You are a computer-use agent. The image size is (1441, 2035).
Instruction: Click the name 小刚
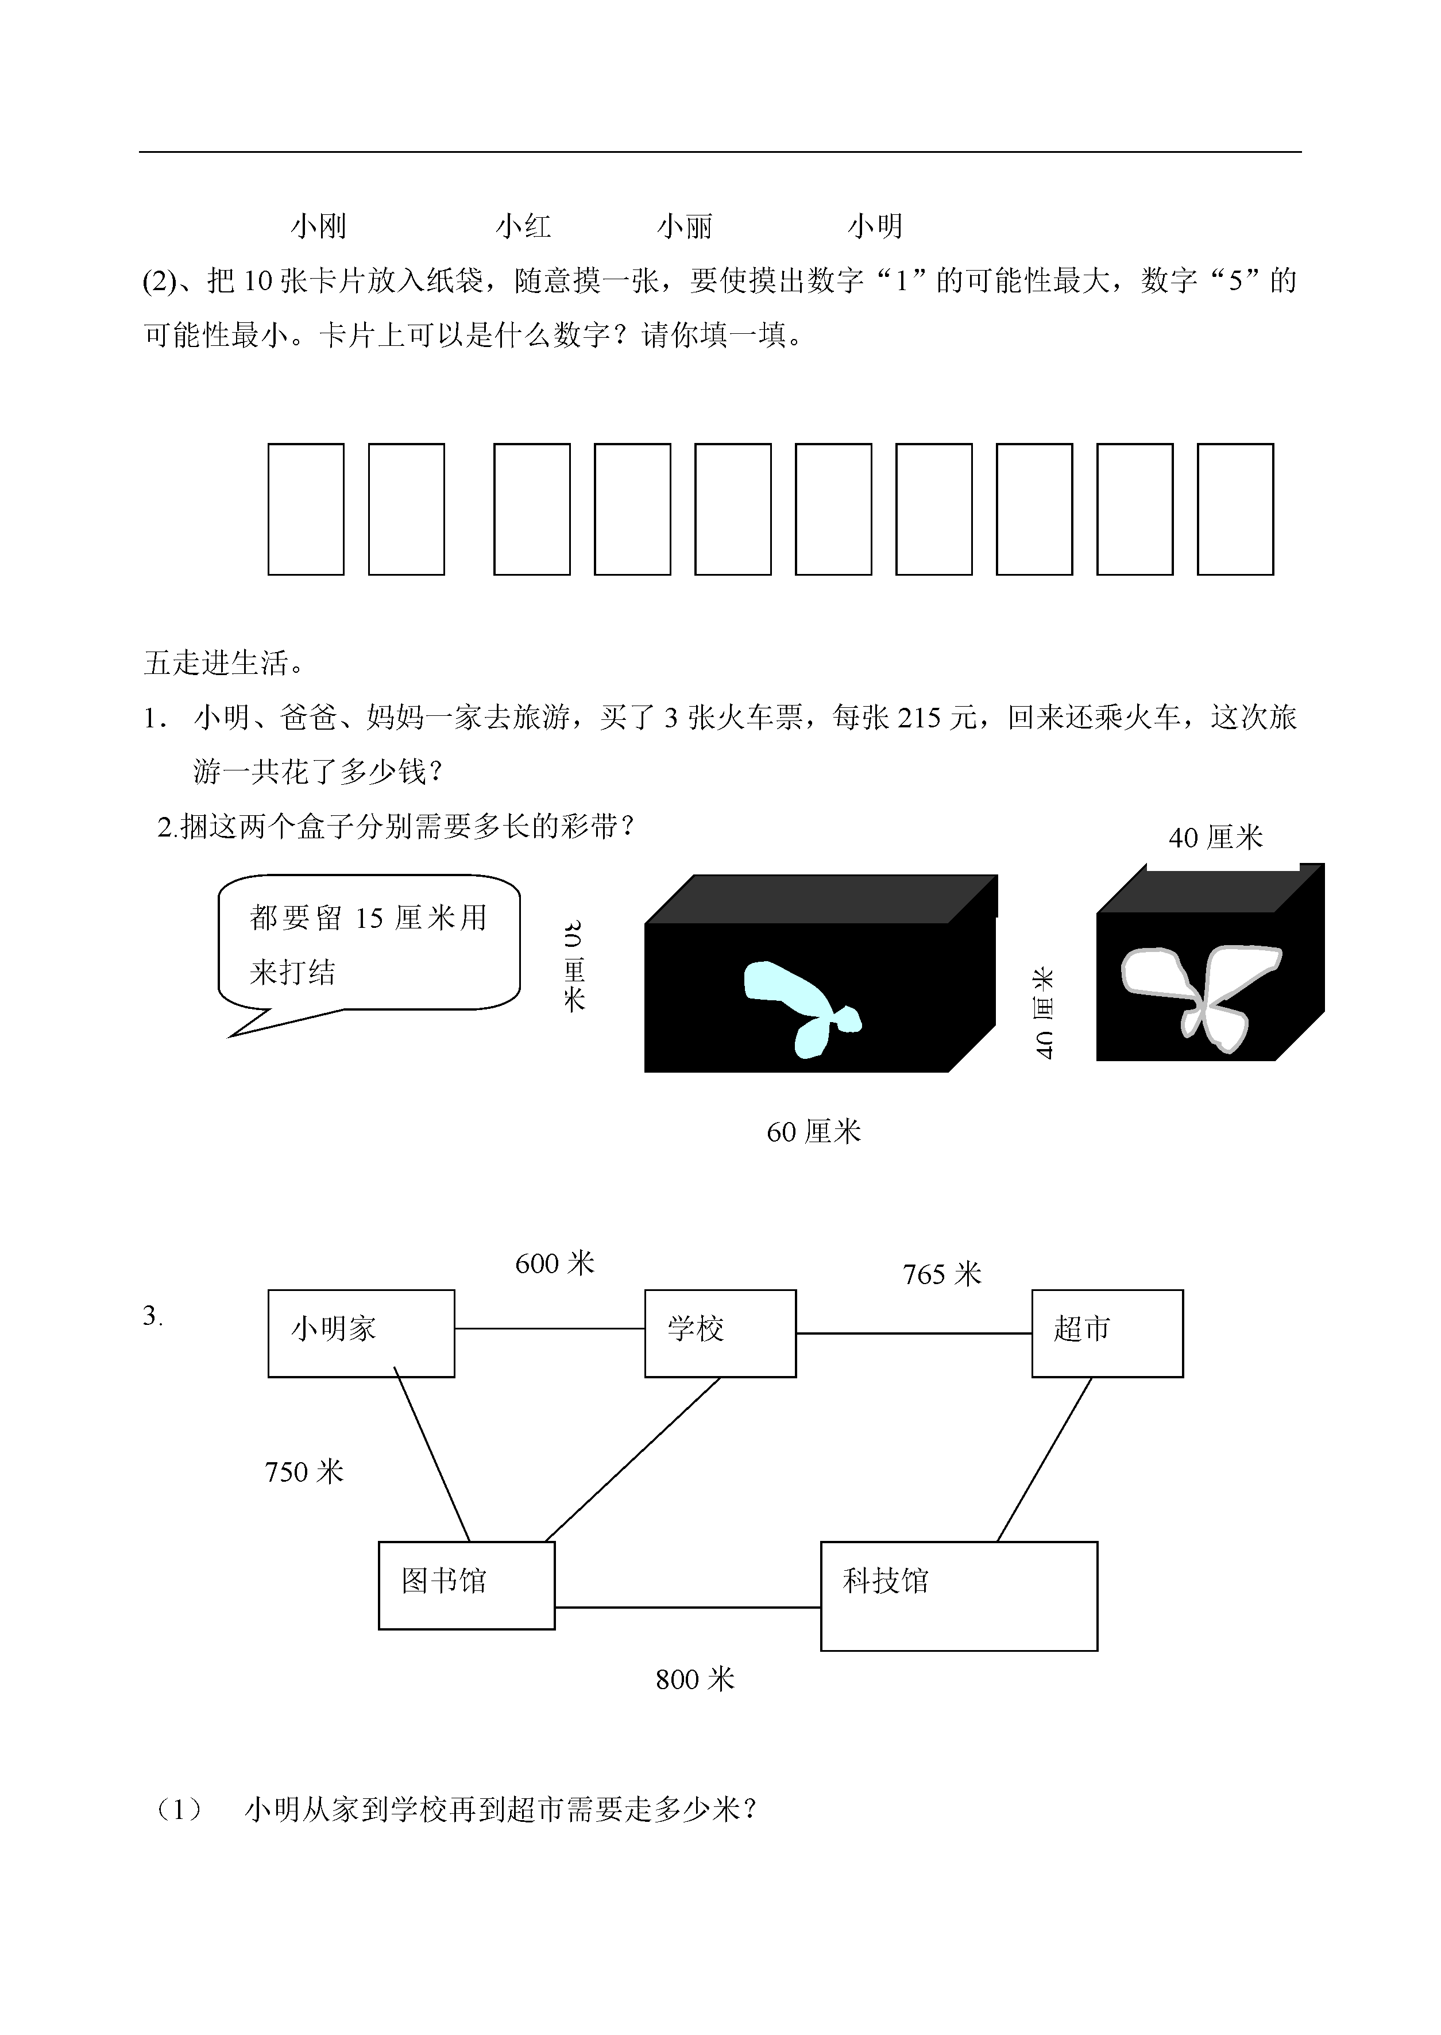(319, 226)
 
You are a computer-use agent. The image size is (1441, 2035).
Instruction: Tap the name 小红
(524, 226)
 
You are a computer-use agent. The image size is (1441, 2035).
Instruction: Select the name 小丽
(685, 226)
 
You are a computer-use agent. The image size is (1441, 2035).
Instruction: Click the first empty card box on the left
(306, 510)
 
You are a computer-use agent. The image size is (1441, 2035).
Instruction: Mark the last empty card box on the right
(1235, 510)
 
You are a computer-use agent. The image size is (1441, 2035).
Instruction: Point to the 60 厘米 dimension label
(814, 1131)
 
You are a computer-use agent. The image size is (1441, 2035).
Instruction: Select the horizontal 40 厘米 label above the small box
(1216, 837)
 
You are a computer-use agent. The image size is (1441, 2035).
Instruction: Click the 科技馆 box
(959, 1597)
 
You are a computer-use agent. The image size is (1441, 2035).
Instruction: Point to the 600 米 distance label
(555, 1263)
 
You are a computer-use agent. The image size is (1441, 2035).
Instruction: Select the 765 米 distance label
(942, 1274)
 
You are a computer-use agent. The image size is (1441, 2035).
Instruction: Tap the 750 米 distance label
(304, 1471)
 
